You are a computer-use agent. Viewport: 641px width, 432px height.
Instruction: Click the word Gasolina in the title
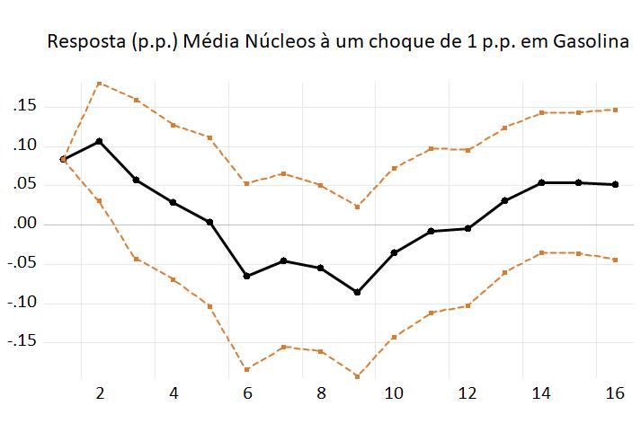coord(583,42)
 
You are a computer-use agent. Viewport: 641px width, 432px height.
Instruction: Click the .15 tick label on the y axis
coord(24,107)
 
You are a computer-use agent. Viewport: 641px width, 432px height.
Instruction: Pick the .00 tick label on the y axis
coord(24,224)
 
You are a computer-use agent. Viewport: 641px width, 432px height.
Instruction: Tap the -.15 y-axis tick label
coord(22,341)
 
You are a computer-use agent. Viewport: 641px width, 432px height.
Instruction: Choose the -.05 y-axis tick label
coord(22,263)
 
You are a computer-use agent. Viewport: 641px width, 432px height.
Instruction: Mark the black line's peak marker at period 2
coord(99,141)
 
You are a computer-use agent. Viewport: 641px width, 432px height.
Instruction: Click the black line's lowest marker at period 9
coord(357,292)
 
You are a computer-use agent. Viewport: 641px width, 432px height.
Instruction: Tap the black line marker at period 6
coord(246,276)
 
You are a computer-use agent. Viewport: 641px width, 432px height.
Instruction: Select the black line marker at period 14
coord(541,182)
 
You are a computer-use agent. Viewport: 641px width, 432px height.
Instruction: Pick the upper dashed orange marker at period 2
coord(99,83)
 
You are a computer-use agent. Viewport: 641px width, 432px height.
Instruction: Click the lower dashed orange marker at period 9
coord(357,376)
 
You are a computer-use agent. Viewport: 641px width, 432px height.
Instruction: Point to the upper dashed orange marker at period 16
coord(615,110)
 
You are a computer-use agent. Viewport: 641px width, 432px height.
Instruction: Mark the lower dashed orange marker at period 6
coord(246,369)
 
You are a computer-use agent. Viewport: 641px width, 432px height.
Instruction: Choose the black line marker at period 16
coord(615,184)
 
